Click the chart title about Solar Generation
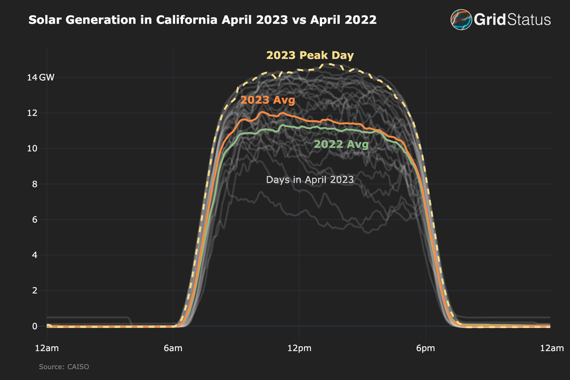pos(202,21)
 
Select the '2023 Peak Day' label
pos(310,55)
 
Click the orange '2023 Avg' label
pos(267,100)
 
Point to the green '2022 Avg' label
pos(341,144)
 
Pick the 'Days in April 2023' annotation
pos(310,179)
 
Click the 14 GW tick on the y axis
pos(42,77)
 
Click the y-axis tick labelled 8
pos(35,184)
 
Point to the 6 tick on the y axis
pos(35,220)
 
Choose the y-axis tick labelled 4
pos(35,255)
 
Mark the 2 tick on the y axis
pos(35,291)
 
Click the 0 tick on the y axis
pos(35,326)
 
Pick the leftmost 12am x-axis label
pos(46,347)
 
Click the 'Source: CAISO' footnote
pos(64,366)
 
